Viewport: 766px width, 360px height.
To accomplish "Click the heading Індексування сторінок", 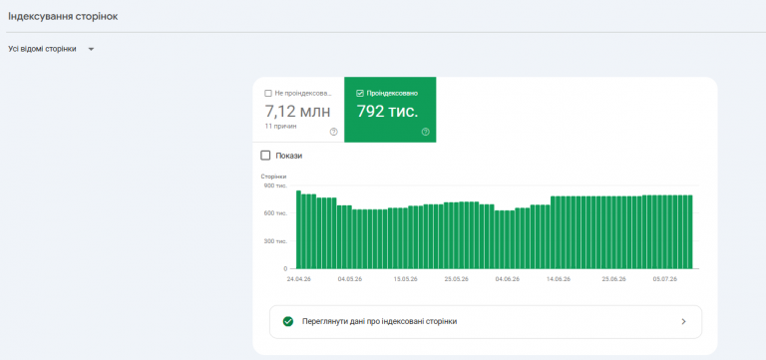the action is click(63, 17).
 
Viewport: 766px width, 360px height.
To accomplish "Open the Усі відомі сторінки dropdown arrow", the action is click(91, 49).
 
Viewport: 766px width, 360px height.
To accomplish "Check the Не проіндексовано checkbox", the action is click(267, 94).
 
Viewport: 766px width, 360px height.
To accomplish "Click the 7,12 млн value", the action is click(297, 112).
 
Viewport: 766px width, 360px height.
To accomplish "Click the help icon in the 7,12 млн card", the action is click(334, 132).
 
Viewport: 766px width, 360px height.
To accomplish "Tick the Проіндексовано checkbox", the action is click(360, 94).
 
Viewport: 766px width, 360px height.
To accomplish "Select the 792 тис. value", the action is click(387, 112).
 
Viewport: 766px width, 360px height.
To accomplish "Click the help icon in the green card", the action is click(426, 132).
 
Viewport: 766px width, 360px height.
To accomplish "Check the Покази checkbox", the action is click(265, 156).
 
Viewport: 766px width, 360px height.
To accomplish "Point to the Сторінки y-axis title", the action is click(273, 177).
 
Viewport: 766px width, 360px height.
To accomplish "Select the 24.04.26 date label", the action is click(298, 279).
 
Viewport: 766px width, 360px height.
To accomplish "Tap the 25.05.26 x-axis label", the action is click(456, 279).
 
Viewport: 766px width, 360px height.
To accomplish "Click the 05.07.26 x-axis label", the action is click(665, 279).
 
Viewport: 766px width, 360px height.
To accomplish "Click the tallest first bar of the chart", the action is click(298, 229).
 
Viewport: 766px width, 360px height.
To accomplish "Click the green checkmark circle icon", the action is click(288, 321).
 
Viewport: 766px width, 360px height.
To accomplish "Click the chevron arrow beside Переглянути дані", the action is click(684, 321).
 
